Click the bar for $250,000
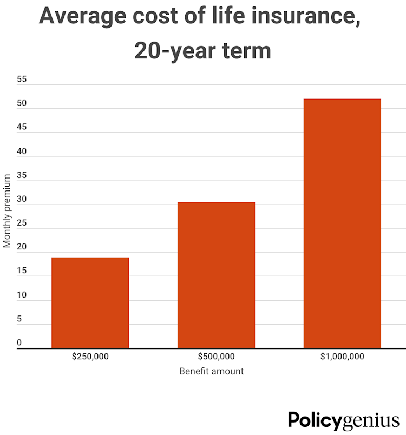(x=90, y=302)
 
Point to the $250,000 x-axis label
(x=90, y=357)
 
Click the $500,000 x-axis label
(x=216, y=357)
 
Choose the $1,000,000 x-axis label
(x=342, y=357)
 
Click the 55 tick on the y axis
(x=22, y=80)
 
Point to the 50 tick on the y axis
(x=22, y=103)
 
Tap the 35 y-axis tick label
(x=22, y=175)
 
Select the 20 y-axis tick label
(x=22, y=247)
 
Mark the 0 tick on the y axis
(x=19, y=342)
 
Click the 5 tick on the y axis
(x=19, y=319)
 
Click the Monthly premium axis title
(x=7, y=211)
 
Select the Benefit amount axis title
(x=211, y=371)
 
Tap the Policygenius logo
(x=344, y=420)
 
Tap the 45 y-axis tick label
(x=22, y=127)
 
